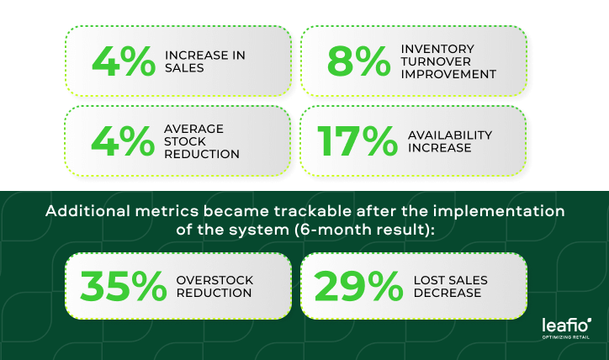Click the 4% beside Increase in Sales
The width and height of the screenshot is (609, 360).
[124, 61]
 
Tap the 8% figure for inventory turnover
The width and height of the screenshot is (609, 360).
[354, 61]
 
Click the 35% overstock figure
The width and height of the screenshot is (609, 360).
[124, 286]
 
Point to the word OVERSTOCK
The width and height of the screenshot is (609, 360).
[214, 279]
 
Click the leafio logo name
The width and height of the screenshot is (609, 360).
[565, 325]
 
